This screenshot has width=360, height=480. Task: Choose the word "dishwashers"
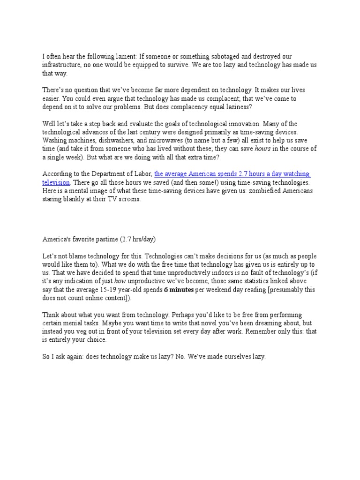[x=114, y=141]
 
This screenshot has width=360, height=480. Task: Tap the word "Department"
[x=102, y=174]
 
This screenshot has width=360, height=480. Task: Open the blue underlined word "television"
[x=56, y=182]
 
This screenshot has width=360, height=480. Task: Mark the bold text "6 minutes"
[x=179, y=290]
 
